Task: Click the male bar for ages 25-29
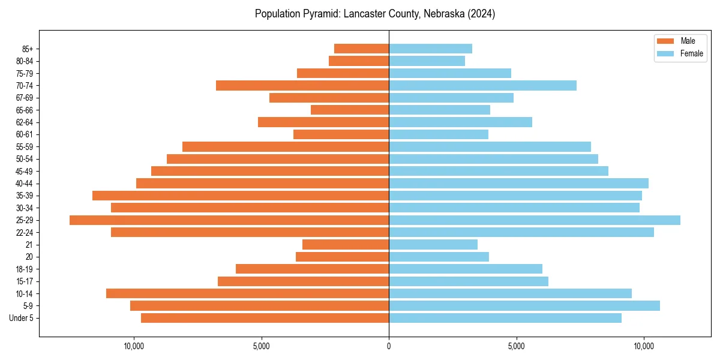(x=229, y=220)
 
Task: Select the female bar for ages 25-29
(x=535, y=220)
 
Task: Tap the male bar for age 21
(x=346, y=245)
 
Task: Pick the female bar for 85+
(x=430, y=49)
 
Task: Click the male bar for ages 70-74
(x=302, y=86)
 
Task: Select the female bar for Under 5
(x=505, y=318)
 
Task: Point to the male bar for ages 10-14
(x=247, y=293)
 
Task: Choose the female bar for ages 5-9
(x=524, y=306)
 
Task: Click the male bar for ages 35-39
(x=241, y=196)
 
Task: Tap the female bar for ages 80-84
(x=427, y=61)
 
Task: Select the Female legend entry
(x=680, y=53)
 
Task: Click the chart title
(x=375, y=14)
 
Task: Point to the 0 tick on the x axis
(x=389, y=346)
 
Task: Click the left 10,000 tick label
(x=134, y=346)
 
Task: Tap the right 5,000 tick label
(x=517, y=346)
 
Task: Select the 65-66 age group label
(x=24, y=110)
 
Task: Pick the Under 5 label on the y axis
(x=21, y=318)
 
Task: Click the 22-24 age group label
(x=24, y=233)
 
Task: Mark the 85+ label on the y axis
(x=27, y=49)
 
